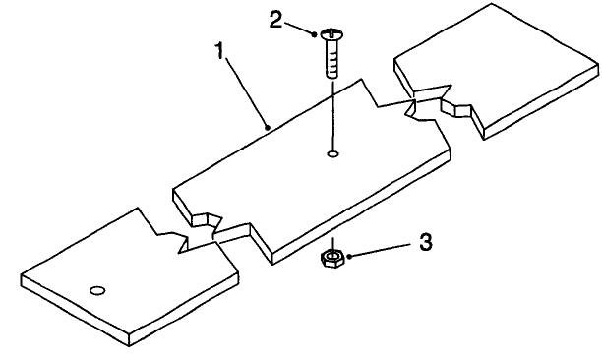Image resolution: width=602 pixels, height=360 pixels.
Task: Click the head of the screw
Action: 331,35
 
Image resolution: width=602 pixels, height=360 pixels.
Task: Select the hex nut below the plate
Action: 332,258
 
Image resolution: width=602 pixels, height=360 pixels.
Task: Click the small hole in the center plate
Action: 332,153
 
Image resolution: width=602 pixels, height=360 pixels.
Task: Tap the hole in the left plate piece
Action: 97,290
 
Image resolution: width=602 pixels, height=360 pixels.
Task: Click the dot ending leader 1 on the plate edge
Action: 268,126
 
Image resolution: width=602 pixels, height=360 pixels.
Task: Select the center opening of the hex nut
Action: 332,257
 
